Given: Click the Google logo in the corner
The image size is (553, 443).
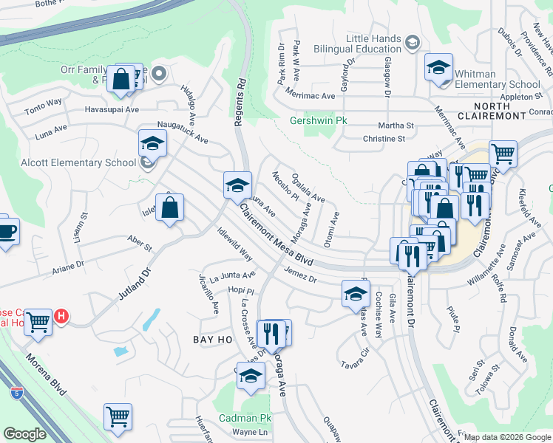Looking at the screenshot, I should pos(24,434).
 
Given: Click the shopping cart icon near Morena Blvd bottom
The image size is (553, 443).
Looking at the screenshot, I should pos(118,417).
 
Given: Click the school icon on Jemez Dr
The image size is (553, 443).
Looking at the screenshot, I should pos(356,295).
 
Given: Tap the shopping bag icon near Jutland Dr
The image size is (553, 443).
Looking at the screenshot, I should pos(169,209).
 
